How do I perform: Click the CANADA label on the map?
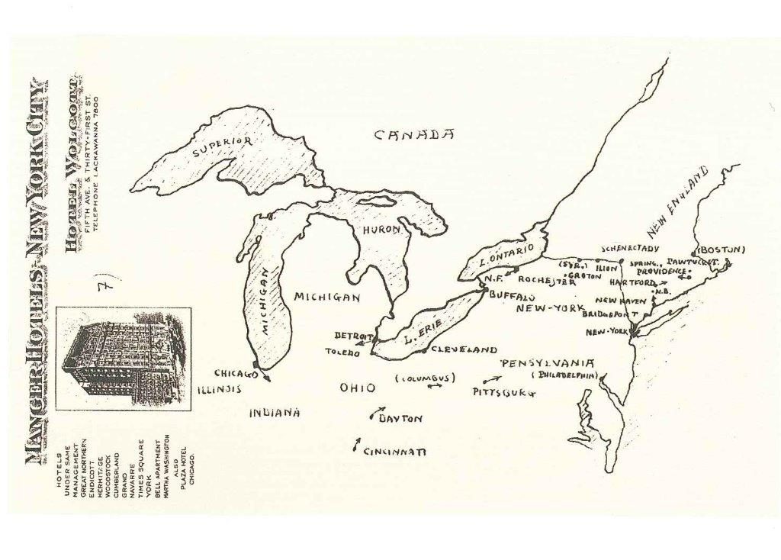pyautogui.click(x=414, y=135)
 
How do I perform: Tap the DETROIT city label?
pyautogui.click(x=352, y=336)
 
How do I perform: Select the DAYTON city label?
pyautogui.click(x=400, y=419)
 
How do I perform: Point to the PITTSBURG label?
pyautogui.click(x=504, y=392)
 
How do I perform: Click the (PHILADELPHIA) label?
pyautogui.click(x=564, y=375)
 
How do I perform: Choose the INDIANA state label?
pyautogui.click(x=275, y=413)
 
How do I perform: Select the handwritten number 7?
pyautogui.click(x=108, y=286)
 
